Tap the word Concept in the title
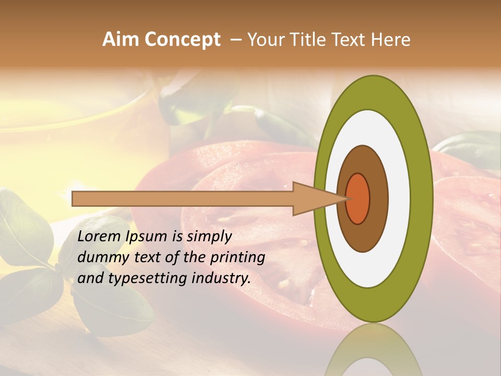182,39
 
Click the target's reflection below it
373,352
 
